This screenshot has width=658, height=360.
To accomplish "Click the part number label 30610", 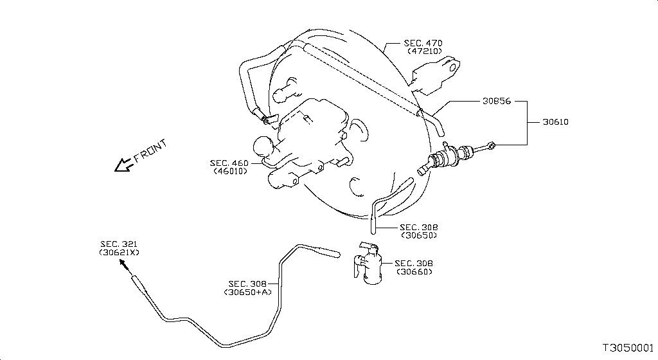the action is [x=556, y=122].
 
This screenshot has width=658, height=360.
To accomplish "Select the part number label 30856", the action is [x=497, y=101].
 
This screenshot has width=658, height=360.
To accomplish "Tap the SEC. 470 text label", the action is [x=423, y=43].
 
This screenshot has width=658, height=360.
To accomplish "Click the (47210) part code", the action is [x=425, y=51].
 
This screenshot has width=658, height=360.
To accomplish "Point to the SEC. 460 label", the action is [x=229, y=163].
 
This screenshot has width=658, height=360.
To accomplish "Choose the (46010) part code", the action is [x=231, y=171].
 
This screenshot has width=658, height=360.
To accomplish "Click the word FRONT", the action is [x=150, y=150].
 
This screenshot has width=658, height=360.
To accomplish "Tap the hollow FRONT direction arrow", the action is [x=124, y=165].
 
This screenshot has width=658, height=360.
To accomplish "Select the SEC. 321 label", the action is [x=119, y=244].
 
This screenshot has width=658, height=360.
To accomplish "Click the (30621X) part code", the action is [x=119, y=253].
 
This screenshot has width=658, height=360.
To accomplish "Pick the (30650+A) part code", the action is [x=247, y=292].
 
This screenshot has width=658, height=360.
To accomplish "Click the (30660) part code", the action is [x=414, y=271].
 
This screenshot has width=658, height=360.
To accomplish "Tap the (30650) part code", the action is [x=419, y=235].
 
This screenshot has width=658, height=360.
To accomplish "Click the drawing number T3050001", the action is [x=628, y=348].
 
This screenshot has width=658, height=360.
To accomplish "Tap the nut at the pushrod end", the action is [x=492, y=145].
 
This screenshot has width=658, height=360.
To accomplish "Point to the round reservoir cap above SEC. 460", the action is [x=263, y=147].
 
